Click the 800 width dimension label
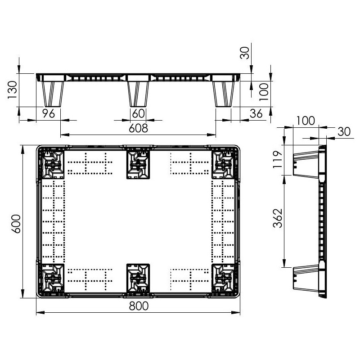pyautogui.click(x=139, y=306)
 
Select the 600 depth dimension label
pyautogui.click(x=16, y=224)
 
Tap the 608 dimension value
pyautogui.click(x=138, y=128)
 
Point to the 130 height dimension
pyautogui.click(x=12, y=90)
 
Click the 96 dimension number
pyautogui.click(x=49, y=113)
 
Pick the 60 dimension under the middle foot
pyautogui.click(x=139, y=113)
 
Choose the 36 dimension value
pyautogui.click(x=256, y=113)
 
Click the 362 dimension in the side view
pyautogui.click(x=278, y=218)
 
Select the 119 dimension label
pyautogui.click(x=278, y=160)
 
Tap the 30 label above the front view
pyautogui.click(x=245, y=53)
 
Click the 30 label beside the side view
pyautogui.click(x=344, y=131)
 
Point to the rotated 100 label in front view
pyautogui.click(x=264, y=92)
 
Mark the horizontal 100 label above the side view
pyautogui.click(x=306, y=121)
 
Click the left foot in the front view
pyautogui.click(x=53, y=94)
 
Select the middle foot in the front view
pyautogui.click(x=138, y=94)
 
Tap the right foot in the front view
pyautogui.click(x=224, y=94)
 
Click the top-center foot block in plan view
pyautogui.click(x=138, y=164)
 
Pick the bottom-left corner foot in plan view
pyautogui.click(x=51, y=278)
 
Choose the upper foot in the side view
pyautogui.click(x=306, y=164)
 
